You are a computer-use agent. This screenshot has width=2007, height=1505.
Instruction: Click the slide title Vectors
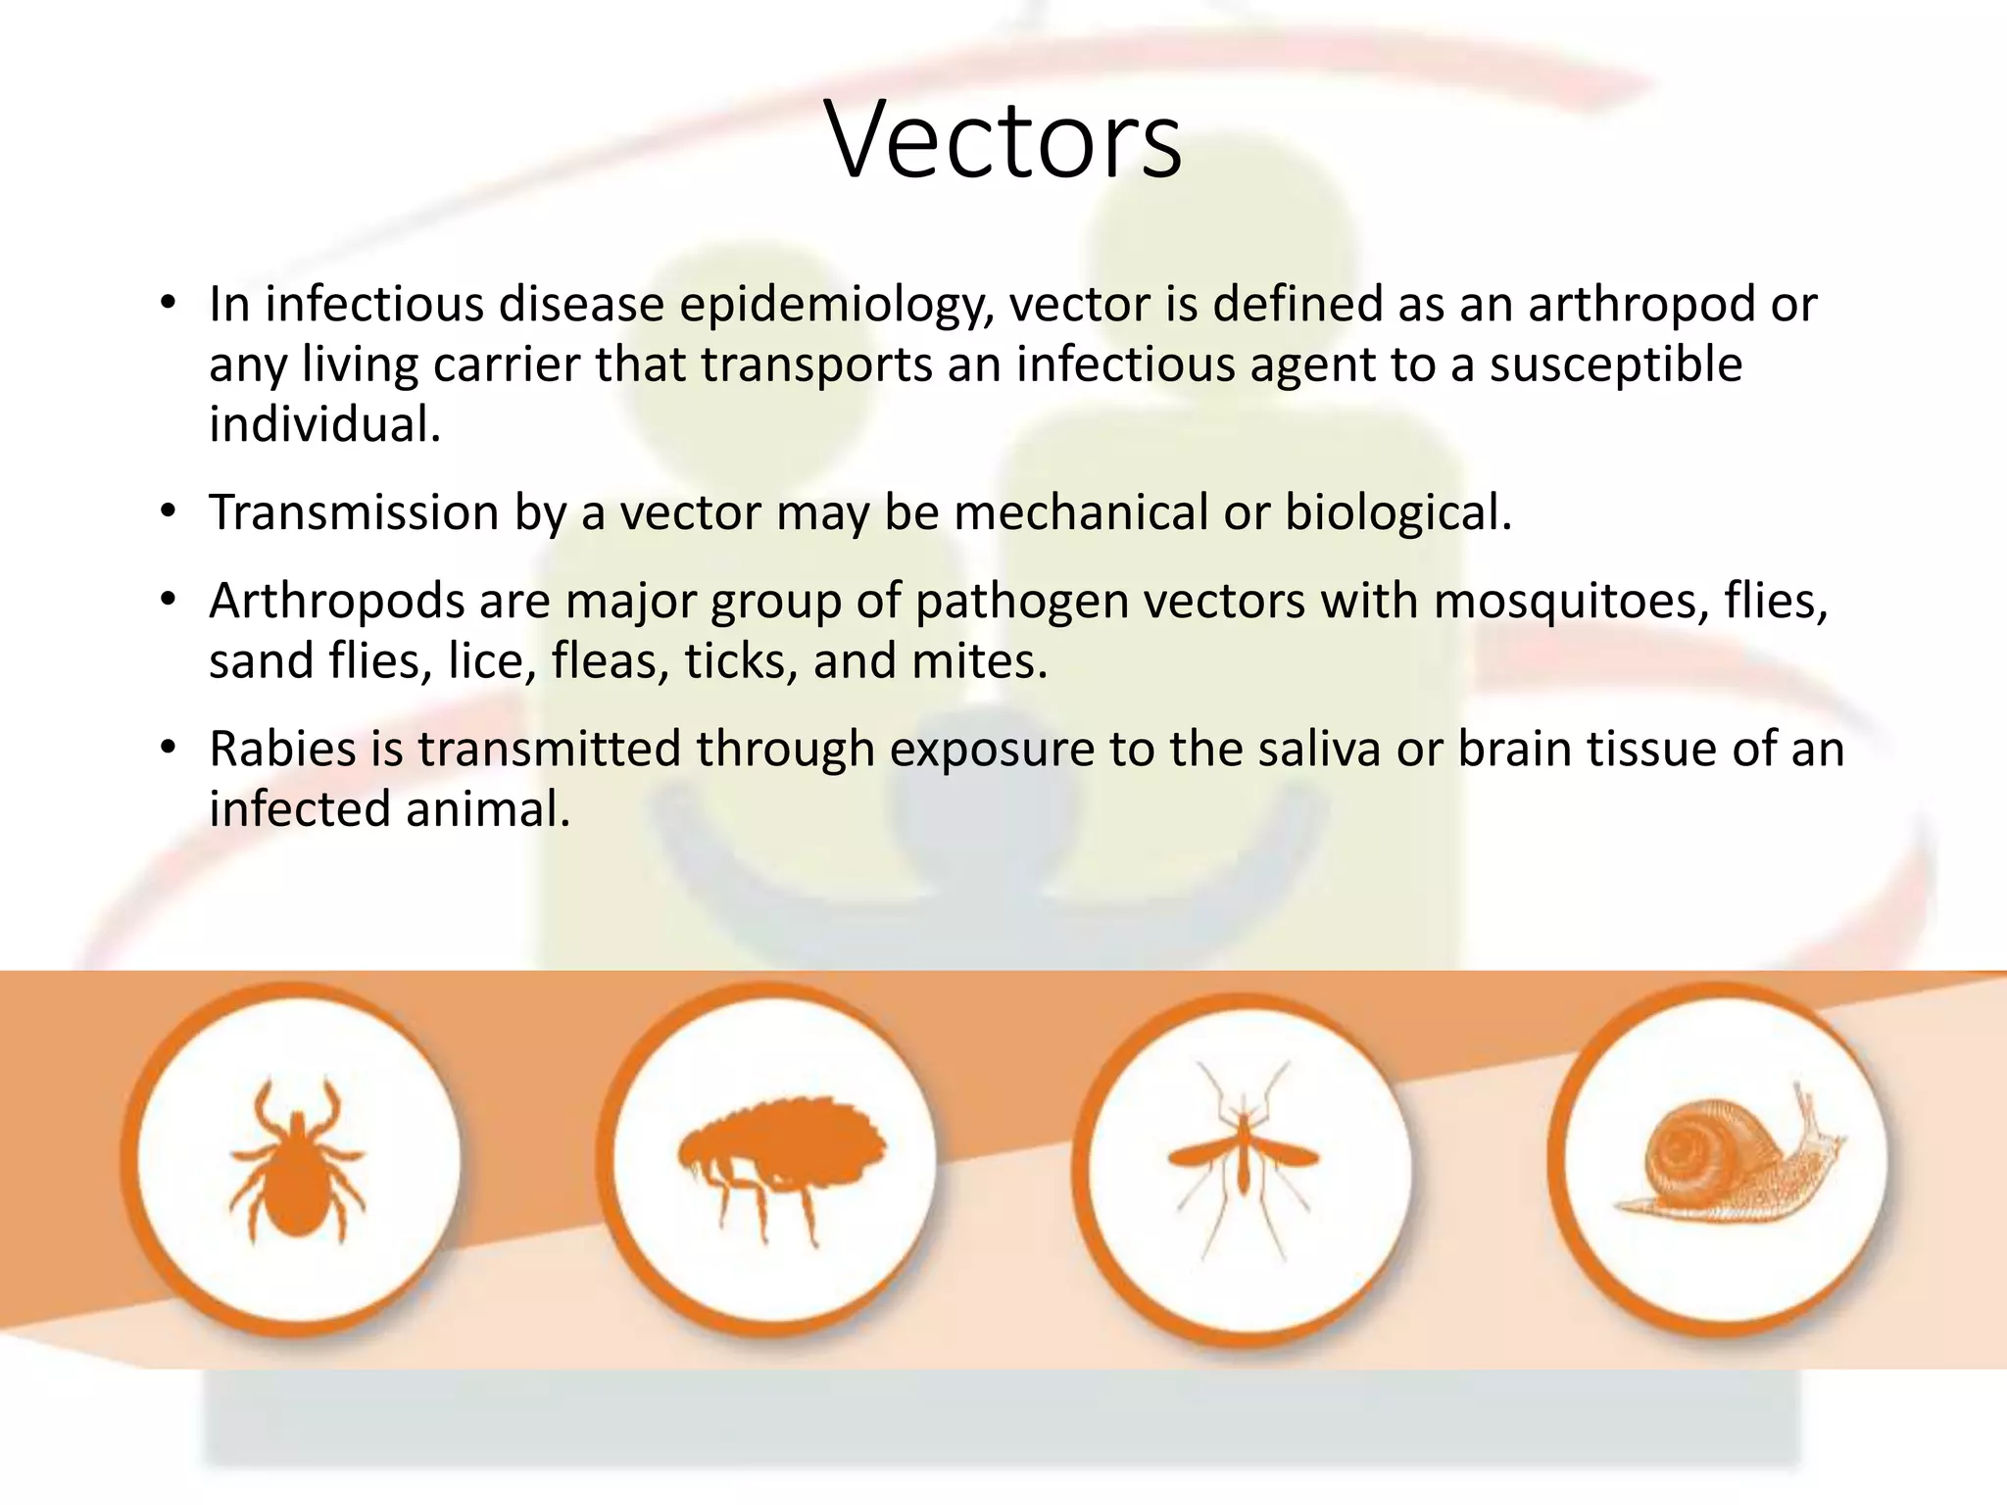1004,139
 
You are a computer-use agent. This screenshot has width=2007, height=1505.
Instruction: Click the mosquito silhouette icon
1243,1156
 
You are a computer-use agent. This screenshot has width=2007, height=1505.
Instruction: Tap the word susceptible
1616,364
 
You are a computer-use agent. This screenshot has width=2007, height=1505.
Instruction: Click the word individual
323,424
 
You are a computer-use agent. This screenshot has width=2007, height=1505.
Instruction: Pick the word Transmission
354,512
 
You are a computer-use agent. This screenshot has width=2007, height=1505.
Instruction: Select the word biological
1397,512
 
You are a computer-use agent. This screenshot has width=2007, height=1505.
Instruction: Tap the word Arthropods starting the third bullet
336,601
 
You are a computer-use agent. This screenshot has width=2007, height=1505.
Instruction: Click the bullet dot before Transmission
169,512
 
